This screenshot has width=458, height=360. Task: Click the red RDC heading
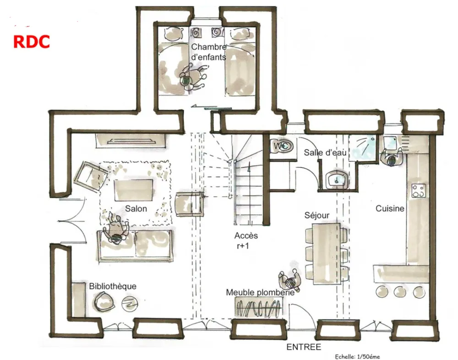(32, 42)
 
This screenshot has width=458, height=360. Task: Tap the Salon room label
(136, 209)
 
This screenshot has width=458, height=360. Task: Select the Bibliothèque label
(113, 286)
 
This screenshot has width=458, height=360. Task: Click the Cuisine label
(390, 208)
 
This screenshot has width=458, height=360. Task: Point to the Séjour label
(317, 215)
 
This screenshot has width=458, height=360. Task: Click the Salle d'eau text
(325, 152)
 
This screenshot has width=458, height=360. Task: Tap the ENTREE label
(304, 347)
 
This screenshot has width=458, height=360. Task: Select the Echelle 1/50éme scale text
(358, 356)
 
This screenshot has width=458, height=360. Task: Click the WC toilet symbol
(283, 146)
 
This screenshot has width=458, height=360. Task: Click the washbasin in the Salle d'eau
(337, 179)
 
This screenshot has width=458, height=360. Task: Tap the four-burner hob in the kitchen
(418, 191)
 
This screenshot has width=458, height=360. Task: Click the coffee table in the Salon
(134, 190)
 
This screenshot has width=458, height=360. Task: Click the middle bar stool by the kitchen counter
(400, 291)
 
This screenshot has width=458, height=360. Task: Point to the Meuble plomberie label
(260, 292)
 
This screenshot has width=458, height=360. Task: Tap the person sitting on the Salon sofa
(116, 229)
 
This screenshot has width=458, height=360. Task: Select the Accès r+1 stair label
(245, 240)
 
